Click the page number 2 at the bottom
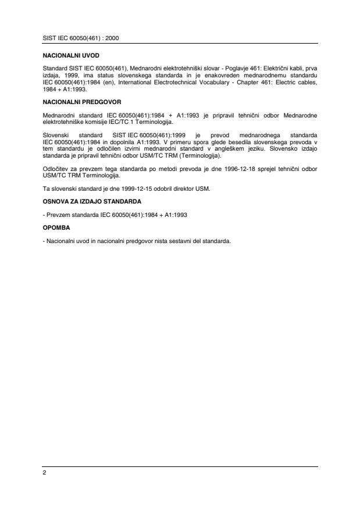[45, 473]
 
